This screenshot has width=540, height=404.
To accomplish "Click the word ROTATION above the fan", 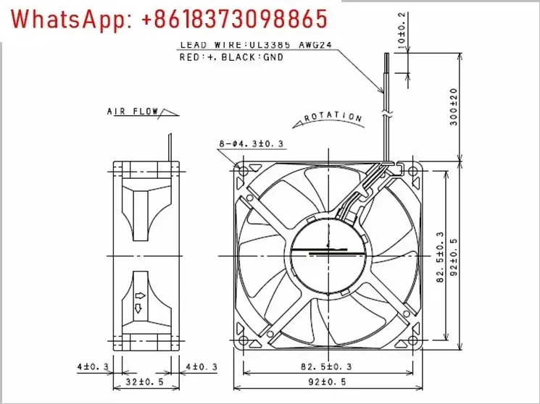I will [x=333, y=116].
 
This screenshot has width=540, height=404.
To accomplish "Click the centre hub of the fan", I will [x=328, y=255].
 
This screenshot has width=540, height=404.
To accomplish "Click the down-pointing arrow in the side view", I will [x=139, y=310].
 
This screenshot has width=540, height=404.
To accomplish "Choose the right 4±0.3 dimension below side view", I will [x=202, y=368].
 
